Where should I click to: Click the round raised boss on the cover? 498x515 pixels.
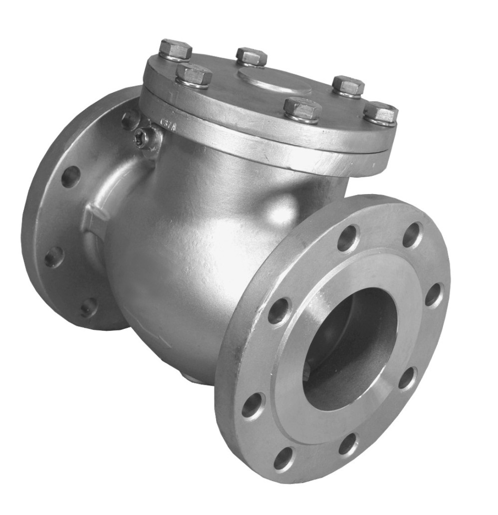pyautogui.click(x=275, y=81)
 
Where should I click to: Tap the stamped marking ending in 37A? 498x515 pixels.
pyautogui.click(x=221, y=122)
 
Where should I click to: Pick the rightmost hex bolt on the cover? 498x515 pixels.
pyautogui.click(x=381, y=113)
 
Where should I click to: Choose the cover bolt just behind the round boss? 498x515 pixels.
pyautogui.click(x=251, y=56)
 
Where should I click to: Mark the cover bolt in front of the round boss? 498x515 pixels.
pyautogui.click(x=301, y=109)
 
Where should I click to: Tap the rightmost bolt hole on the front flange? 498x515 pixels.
pyautogui.click(x=433, y=295)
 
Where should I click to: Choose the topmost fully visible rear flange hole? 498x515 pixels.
pyautogui.click(x=70, y=176)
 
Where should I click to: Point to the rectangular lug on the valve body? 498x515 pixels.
pyautogui.click(x=94, y=220)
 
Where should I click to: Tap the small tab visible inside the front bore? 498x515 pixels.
pyautogui.click(x=306, y=372)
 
